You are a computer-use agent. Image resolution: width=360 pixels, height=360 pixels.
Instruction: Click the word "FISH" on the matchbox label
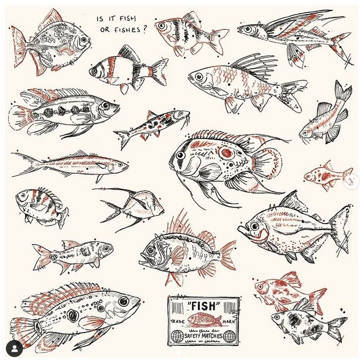coord(203,306)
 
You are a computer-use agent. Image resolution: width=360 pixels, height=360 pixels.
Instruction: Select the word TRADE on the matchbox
coord(177,321)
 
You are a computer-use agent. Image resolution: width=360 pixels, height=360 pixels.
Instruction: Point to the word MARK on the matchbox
coord(229,321)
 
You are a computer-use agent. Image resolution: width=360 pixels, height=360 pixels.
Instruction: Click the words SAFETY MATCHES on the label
coord(203,336)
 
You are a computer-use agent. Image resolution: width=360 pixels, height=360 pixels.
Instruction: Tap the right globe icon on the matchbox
coord(229,336)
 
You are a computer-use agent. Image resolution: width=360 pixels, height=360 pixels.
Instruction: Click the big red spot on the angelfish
coord(226,152)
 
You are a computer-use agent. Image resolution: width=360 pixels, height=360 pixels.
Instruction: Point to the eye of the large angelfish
coord(181,156)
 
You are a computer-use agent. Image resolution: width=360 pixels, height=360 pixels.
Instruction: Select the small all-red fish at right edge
coord(328,176)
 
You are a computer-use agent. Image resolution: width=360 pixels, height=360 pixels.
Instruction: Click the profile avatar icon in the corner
coord(14,349)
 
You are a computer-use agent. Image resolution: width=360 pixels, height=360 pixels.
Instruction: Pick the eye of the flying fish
coord(248,29)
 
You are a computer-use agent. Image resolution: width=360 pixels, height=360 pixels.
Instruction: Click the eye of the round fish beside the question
coord(83,40)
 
